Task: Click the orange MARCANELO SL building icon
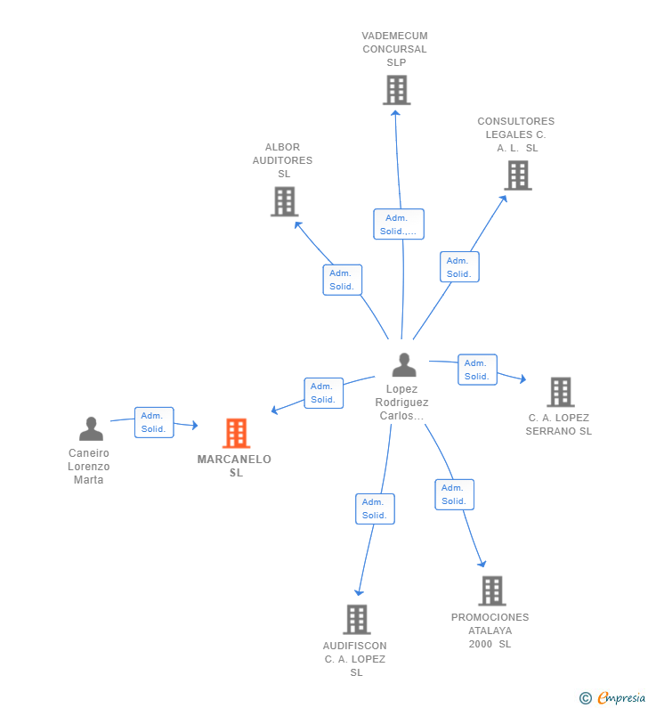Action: [236, 433]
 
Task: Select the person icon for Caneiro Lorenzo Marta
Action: [91, 428]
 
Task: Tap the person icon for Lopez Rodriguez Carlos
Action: [404, 365]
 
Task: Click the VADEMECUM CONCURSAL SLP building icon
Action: [397, 90]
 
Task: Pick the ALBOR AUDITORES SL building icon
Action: [284, 201]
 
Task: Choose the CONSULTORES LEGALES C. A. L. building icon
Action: [518, 175]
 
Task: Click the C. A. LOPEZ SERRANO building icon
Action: [561, 392]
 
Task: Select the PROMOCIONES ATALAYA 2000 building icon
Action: [492, 590]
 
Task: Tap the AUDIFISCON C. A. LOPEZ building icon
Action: [357, 620]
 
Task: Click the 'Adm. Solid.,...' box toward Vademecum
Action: [399, 224]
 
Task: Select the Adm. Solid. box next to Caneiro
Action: [154, 422]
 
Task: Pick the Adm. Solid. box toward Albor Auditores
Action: [342, 280]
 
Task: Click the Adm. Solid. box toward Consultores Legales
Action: [459, 267]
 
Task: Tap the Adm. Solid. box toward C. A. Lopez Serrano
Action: [477, 370]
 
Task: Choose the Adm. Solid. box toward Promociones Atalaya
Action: [455, 494]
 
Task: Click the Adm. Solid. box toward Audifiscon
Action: [375, 509]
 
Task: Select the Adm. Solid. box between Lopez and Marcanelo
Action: [323, 394]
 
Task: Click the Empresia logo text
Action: [621, 697]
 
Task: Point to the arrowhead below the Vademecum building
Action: [395, 113]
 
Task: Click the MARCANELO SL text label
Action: [234, 466]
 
